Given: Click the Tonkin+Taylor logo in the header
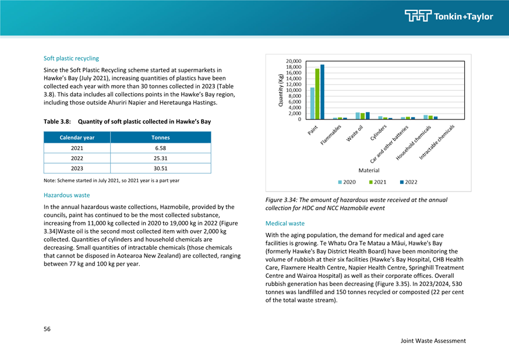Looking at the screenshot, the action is click(x=449, y=16).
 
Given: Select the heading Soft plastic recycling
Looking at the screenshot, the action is click(x=71, y=58).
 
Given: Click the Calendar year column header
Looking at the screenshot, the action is click(x=77, y=137).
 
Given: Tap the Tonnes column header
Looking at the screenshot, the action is click(x=160, y=137).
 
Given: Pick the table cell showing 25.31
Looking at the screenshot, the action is click(x=160, y=158).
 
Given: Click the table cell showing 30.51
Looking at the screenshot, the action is click(x=160, y=168).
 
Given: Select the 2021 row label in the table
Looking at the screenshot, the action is click(x=77, y=148).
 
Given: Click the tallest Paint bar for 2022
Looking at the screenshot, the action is click(x=322, y=92).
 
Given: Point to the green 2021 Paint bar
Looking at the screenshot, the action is click(x=317, y=94).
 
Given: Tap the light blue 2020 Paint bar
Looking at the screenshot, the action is click(x=312, y=103).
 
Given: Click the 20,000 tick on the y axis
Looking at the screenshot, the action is click(x=294, y=61).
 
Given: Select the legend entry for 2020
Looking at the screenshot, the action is click(x=347, y=182).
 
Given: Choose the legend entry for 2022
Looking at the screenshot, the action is click(x=408, y=182).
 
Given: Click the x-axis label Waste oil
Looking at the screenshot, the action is click(x=355, y=133).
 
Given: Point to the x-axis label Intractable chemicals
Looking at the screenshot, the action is click(x=437, y=142).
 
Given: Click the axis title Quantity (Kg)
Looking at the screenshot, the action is click(x=281, y=90).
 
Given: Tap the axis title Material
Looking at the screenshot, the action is click(x=369, y=171).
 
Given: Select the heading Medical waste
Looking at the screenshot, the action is click(x=285, y=223).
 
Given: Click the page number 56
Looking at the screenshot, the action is click(x=47, y=329).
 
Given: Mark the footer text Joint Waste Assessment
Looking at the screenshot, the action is click(x=433, y=341).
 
